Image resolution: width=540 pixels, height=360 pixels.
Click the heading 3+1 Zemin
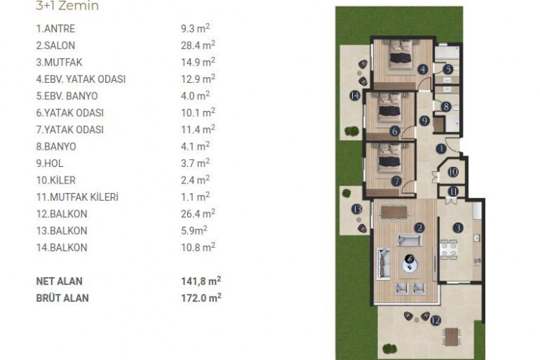(x=67, y=6)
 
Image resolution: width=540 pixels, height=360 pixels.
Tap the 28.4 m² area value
(x=196, y=46)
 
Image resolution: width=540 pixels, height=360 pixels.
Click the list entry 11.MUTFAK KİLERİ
(x=77, y=197)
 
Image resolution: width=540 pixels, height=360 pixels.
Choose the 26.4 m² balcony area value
(x=196, y=213)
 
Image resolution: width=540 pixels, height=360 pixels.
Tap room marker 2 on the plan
(x=419, y=228)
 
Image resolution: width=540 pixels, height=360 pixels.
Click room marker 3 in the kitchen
(x=457, y=228)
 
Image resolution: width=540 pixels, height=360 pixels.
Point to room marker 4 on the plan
(x=423, y=69)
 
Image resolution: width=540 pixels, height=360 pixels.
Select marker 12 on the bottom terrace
(x=435, y=321)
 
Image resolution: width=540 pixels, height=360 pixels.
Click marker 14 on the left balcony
(x=355, y=96)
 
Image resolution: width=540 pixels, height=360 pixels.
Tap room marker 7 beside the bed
(x=396, y=181)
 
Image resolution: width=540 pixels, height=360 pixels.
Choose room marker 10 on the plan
(x=453, y=172)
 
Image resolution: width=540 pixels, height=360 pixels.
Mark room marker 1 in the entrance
(x=441, y=149)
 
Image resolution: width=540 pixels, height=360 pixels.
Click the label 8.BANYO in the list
(x=55, y=146)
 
